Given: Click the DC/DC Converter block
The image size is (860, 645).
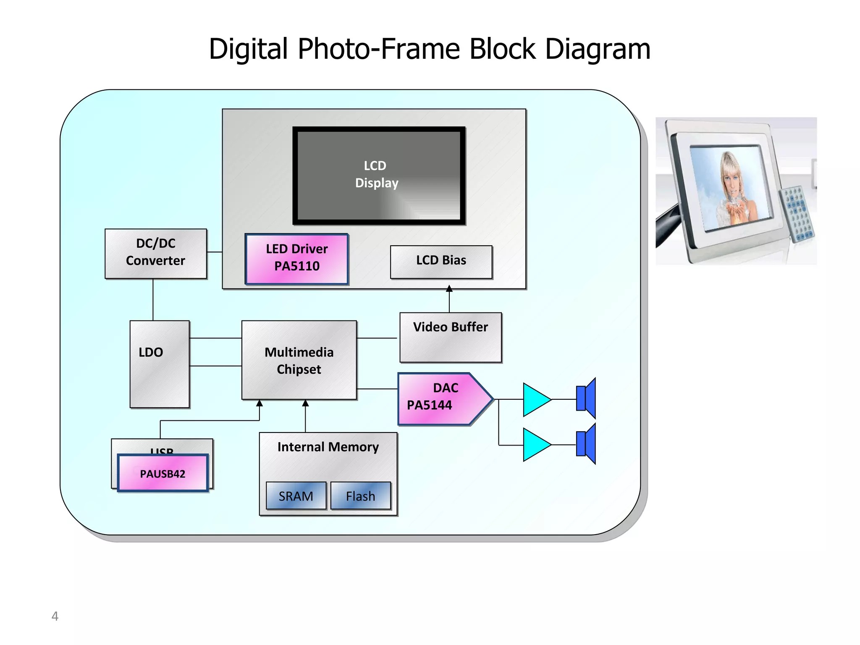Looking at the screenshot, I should pos(155,253).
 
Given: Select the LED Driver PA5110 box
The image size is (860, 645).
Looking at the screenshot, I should pos(296,258).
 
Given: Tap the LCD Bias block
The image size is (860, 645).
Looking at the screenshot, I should pos(441,261).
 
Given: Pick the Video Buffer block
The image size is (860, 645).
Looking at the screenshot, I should pos(450,337).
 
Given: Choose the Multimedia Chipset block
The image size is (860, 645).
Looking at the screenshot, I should pos(299,360).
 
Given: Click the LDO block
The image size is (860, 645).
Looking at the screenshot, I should pos(159,364).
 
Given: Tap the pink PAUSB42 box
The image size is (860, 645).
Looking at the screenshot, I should pos(163,473).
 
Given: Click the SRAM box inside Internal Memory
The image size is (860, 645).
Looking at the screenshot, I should pos(296,496).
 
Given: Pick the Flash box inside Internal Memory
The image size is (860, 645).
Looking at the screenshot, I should pos(361,496).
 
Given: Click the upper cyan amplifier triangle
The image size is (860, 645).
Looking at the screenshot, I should pos(535,399).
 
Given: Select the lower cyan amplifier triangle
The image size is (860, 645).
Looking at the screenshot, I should pos(535,445).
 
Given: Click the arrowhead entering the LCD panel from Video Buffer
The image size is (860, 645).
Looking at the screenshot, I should pos(449,288).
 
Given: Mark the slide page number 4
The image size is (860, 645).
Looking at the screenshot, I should pos(55,616).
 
